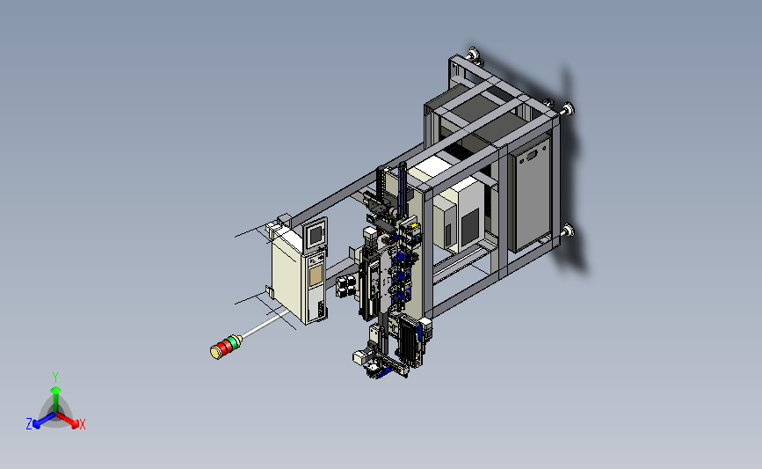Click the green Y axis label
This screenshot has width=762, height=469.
(55, 377)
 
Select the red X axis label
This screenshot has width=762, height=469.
(82, 424)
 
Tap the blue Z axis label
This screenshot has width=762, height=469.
(29, 424)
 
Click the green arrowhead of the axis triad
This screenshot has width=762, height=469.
(56, 390)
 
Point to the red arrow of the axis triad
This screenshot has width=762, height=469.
(67, 420)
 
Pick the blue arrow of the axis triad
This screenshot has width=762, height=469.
(44, 421)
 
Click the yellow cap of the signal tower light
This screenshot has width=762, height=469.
(215, 352)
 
